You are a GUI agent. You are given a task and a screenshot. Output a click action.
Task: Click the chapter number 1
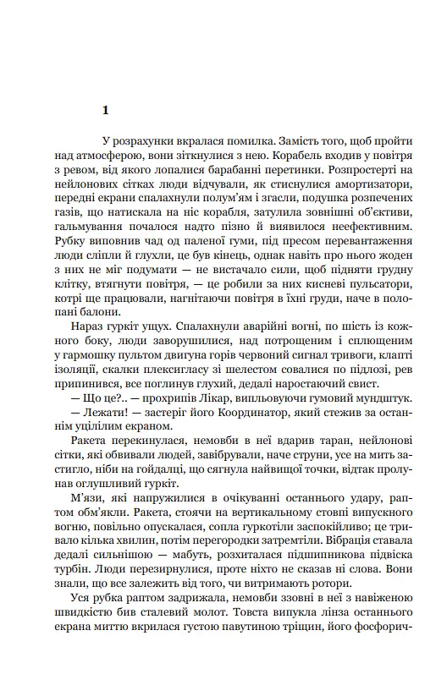coord(105,111)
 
